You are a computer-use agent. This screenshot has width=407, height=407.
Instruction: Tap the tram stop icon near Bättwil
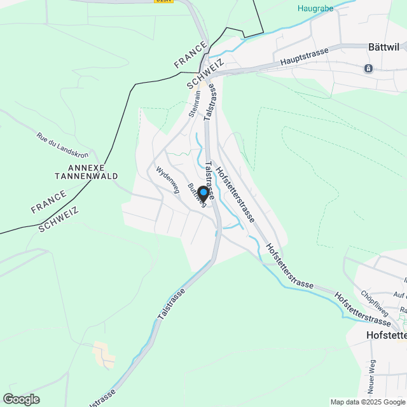[368, 69]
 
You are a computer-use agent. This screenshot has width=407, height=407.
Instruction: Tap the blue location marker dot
[203, 191]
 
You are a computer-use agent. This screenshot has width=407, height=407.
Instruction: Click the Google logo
[20, 399]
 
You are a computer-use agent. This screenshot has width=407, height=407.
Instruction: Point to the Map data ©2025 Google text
[368, 402]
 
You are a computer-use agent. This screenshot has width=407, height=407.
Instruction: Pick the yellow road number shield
[163, 1]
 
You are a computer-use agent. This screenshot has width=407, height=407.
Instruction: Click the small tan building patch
[104, 355]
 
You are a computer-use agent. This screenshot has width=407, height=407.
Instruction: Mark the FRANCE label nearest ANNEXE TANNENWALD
[48, 200]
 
